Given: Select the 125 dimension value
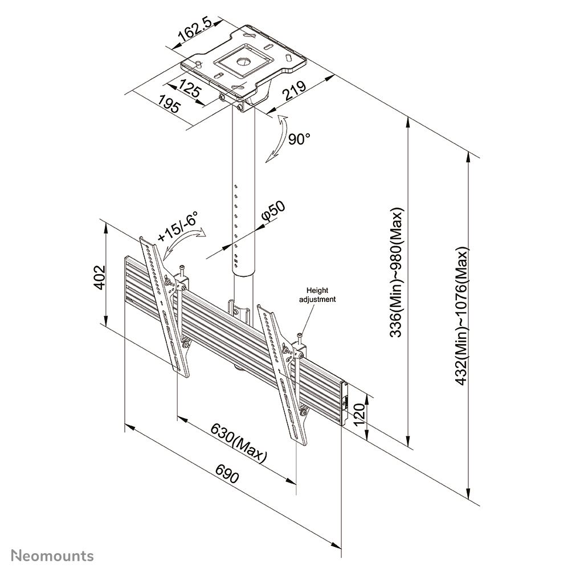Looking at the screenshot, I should point(193,89).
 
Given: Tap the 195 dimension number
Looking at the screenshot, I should point(169,105).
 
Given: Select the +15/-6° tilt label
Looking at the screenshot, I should point(178,226).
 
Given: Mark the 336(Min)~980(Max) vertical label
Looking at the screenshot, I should point(397,273).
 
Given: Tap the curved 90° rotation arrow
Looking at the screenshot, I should point(277,139).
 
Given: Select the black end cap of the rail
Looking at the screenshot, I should point(344,403).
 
